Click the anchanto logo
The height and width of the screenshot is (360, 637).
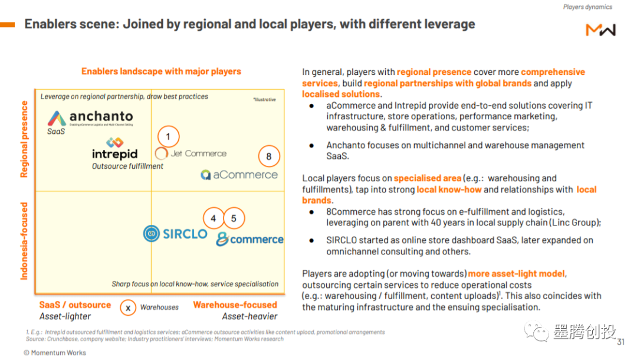point(90,118)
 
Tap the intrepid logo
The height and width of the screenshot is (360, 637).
point(114,149)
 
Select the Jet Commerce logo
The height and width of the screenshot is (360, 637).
point(191,153)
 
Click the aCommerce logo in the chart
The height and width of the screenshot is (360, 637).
point(239,175)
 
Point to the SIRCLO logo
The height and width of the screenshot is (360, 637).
point(175,234)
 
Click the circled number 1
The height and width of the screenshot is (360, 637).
point(168,136)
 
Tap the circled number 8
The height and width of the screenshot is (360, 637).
point(269,156)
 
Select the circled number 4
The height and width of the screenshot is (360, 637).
point(214,218)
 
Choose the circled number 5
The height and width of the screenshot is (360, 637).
point(234,218)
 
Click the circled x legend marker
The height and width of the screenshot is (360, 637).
point(128,308)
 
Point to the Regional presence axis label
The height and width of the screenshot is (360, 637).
point(24,139)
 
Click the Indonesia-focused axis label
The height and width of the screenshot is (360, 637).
point(24,241)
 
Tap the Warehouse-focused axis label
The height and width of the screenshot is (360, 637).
point(235,305)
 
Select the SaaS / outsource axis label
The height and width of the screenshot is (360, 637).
point(75,305)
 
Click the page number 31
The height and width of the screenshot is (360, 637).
point(620,342)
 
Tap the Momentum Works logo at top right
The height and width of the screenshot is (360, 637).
point(601,30)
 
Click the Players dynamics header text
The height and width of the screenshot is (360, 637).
point(587,7)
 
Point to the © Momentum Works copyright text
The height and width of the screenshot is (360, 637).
point(55,353)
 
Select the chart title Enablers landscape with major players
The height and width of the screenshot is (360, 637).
point(161,71)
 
